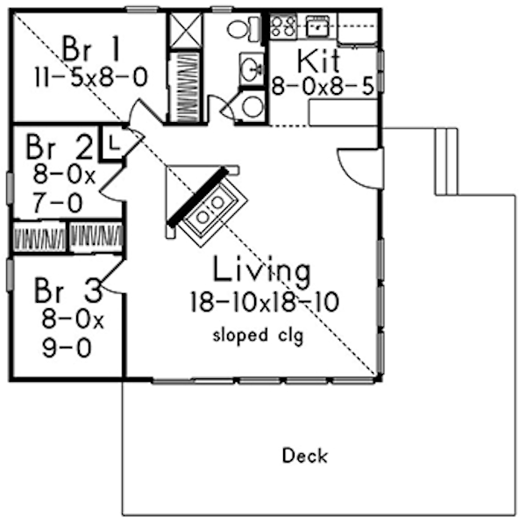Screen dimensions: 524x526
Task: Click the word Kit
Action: [x=317, y=61]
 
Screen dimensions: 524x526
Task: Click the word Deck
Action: [x=305, y=456]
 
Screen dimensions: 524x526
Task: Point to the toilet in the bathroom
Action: [x=241, y=29]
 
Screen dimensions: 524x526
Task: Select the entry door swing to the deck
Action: [x=358, y=164]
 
